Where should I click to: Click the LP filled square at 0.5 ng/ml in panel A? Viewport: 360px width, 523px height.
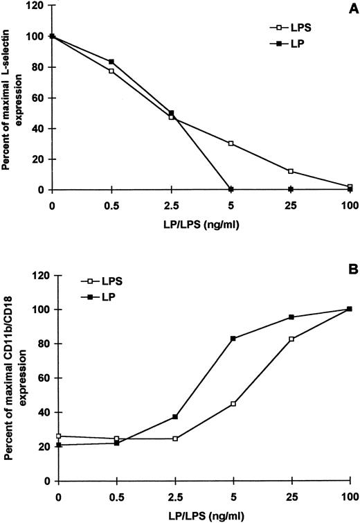(x=111, y=62)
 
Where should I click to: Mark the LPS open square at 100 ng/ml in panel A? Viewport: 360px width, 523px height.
(x=350, y=187)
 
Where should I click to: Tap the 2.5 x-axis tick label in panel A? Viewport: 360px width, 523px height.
(x=171, y=206)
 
